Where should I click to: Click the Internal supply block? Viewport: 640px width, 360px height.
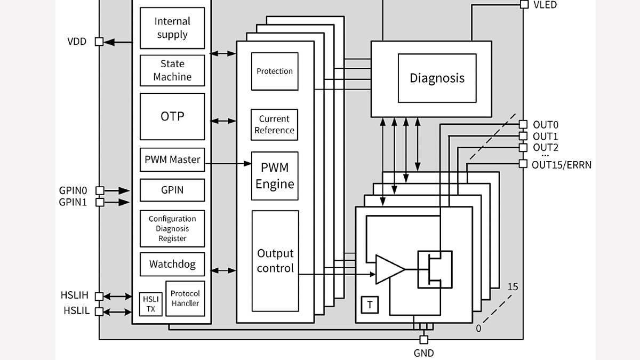pos(172,28)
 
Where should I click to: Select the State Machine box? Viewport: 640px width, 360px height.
pos(172,70)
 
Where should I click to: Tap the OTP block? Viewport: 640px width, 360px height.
pos(172,116)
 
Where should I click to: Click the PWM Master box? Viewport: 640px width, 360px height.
pos(172,159)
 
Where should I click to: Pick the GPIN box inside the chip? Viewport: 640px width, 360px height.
pos(172,190)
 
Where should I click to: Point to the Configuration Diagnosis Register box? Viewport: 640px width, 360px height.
pos(172,228)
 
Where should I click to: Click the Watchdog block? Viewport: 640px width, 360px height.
pos(172,264)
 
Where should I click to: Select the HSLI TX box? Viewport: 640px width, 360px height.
pos(151,304)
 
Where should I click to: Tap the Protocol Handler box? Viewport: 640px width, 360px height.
pos(185,299)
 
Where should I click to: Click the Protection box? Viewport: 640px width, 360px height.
pos(275,71)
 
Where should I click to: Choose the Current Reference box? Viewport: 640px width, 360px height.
pos(275,125)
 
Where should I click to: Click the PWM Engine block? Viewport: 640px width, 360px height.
pos(275,176)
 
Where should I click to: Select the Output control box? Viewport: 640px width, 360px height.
pos(275,261)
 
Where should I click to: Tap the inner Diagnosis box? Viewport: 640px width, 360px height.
pos(437,78)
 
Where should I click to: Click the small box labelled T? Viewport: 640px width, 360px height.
pos(370,305)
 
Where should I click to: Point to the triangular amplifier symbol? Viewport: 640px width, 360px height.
pos(388,269)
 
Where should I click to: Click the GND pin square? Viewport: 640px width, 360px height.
pos(423,340)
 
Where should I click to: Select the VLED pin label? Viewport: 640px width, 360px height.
pos(545,5)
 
